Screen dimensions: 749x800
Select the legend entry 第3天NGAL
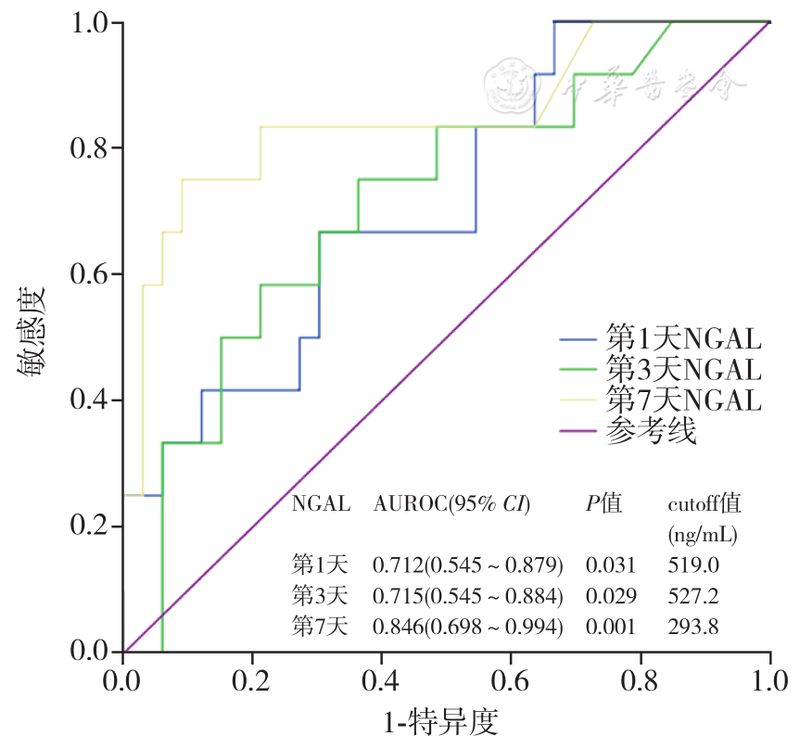(683, 369)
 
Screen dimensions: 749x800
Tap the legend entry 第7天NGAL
(683, 400)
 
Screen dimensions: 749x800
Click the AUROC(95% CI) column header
(451, 505)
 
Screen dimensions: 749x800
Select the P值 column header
(603, 505)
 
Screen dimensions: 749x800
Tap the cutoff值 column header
(705, 505)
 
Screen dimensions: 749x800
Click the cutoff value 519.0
(693, 565)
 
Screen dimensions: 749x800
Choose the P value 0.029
(611, 595)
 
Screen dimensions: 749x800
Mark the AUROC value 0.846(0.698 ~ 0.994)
(467, 627)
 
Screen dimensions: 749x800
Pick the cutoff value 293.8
(693, 627)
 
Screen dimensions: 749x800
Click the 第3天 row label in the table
(320, 595)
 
